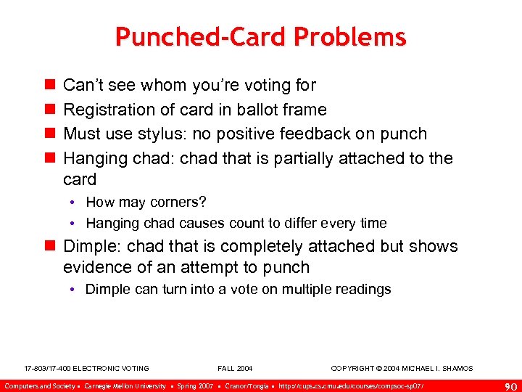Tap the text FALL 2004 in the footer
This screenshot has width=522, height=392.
pos(236,369)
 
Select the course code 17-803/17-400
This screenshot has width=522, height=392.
pos(48,369)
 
